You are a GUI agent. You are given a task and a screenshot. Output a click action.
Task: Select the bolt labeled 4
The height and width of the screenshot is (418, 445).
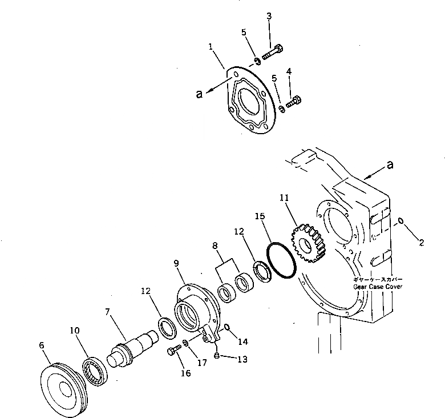292,103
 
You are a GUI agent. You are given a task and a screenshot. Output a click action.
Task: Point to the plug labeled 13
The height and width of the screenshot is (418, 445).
217,356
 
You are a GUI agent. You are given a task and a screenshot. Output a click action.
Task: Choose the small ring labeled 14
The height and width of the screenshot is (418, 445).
227,328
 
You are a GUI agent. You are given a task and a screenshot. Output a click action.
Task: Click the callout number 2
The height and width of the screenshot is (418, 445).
421,243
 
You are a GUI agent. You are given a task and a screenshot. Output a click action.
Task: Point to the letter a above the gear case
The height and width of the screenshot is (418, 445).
390,166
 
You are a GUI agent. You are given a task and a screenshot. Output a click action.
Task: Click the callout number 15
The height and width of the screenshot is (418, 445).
260,216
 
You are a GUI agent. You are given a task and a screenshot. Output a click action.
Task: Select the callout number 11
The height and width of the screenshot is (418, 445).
284,197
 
